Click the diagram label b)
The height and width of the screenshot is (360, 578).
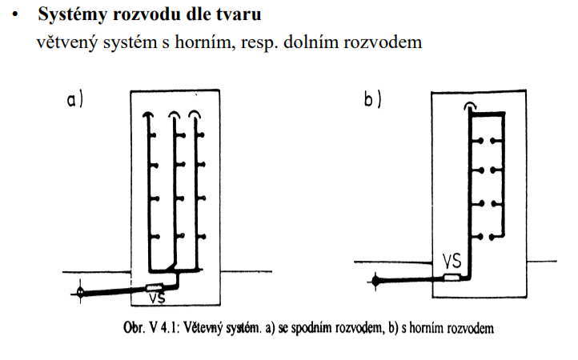(373, 101)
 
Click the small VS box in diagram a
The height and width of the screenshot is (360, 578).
(154, 285)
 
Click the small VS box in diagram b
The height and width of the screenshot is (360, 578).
(453, 278)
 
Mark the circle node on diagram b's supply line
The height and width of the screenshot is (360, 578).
(375, 280)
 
